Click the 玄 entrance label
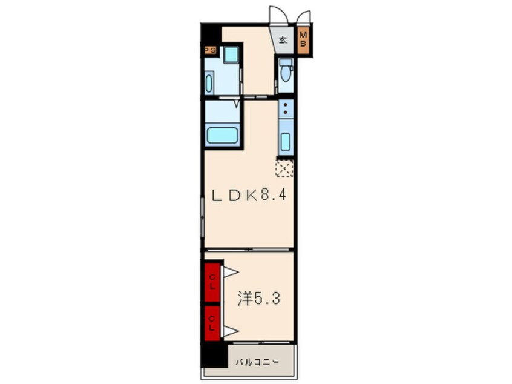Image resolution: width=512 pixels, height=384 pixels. pyautogui.click(x=283, y=40)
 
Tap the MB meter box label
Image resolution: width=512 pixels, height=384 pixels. pyautogui.click(x=303, y=39)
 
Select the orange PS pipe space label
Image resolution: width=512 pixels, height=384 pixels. pyautogui.click(x=209, y=50)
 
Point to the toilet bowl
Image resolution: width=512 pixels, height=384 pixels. pyautogui.click(x=286, y=74)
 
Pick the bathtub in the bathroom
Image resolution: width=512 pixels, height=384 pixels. pyautogui.click(x=222, y=135)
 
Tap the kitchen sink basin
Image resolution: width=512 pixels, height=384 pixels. pyautogui.click(x=286, y=142)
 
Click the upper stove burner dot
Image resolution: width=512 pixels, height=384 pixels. pyautogui.click(x=286, y=105)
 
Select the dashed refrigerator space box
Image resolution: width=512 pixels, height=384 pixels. pyautogui.click(x=284, y=168)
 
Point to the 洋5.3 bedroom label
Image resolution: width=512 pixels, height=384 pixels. pyautogui.click(x=258, y=298)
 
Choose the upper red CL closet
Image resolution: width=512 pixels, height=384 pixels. pyautogui.click(x=212, y=282)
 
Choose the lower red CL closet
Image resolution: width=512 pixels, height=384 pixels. pyautogui.click(x=212, y=323)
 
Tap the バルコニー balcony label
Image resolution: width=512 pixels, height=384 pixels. pyautogui.click(x=258, y=362)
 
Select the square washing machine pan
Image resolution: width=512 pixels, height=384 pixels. pyautogui.click(x=232, y=55)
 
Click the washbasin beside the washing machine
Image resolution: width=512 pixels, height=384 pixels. pyautogui.click(x=209, y=84)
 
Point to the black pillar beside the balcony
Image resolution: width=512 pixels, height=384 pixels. pyautogui.click(x=214, y=354)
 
